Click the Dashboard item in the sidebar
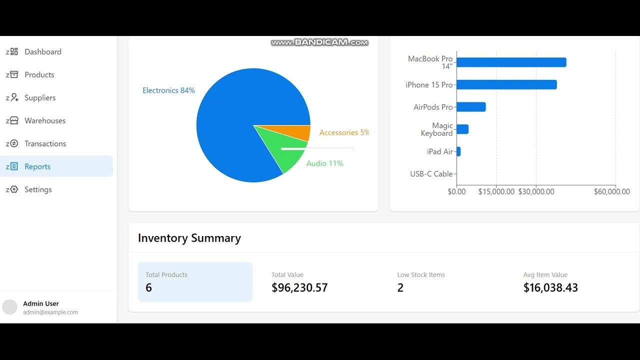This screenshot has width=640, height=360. coord(42,52)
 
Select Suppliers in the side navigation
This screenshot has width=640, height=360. coord(40,98)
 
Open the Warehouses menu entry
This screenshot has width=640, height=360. coord(45,121)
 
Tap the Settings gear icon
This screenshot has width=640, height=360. coord(13,189)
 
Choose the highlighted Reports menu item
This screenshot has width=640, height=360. coord(37,166)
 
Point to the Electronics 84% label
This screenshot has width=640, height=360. coord(168,90)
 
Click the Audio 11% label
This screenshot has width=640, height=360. coord(324,163)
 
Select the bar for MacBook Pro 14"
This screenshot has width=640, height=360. coord(511,62)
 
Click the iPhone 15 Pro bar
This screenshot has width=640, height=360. coord(506,85)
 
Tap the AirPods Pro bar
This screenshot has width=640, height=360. coord(470,107)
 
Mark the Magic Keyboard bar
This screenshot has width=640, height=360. coord(462,129)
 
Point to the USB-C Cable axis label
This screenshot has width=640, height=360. coord(431,174)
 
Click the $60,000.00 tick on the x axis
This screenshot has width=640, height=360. coord(611,192)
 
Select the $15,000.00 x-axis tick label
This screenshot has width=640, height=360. coord(496,192)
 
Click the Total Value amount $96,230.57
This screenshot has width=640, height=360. coord(299,288)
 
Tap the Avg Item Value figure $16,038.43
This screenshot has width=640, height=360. coord(550,288)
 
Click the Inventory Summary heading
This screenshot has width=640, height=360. coord(189,238)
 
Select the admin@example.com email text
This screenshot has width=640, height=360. coord(50,312)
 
